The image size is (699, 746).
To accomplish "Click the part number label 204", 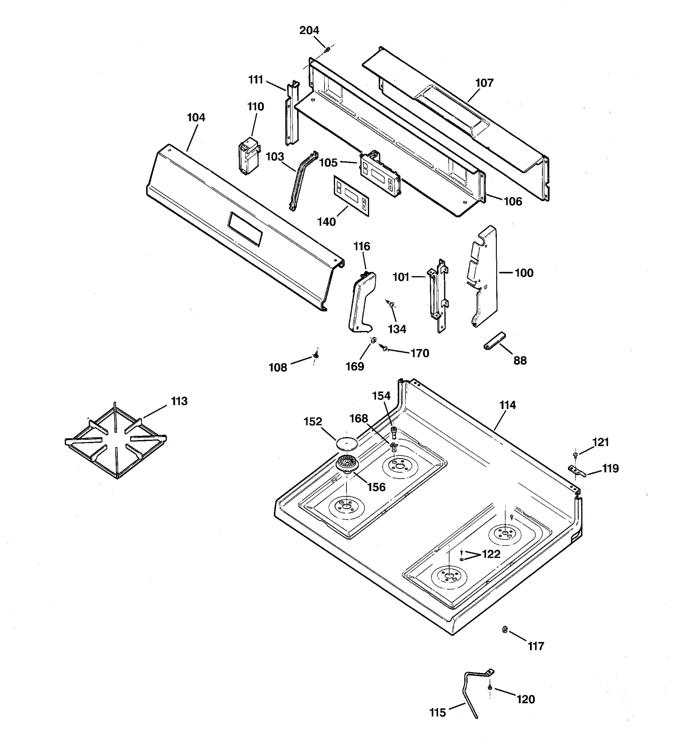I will click(x=309, y=31).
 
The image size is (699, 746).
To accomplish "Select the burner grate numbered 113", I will click(x=116, y=441).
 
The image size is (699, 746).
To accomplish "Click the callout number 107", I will click(x=484, y=83).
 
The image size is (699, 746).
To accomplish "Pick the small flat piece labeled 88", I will click(x=494, y=340).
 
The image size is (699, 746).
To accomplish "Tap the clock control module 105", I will click(x=380, y=173).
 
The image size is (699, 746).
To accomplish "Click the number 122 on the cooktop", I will click(x=491, y=555).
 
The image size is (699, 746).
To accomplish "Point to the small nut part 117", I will click(x=505, y=630).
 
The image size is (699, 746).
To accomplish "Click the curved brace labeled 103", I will click(x=302, y=181).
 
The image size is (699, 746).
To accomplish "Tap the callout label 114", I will click(x=508, y=406).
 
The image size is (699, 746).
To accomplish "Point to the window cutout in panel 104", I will click(x=245, y=229).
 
